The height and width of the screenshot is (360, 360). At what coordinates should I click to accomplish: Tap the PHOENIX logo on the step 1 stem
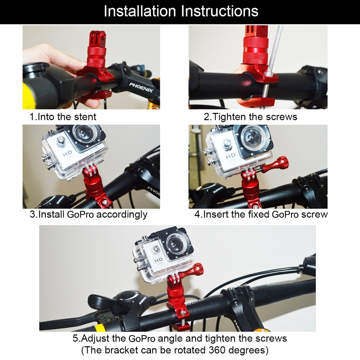tap(141, 87)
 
